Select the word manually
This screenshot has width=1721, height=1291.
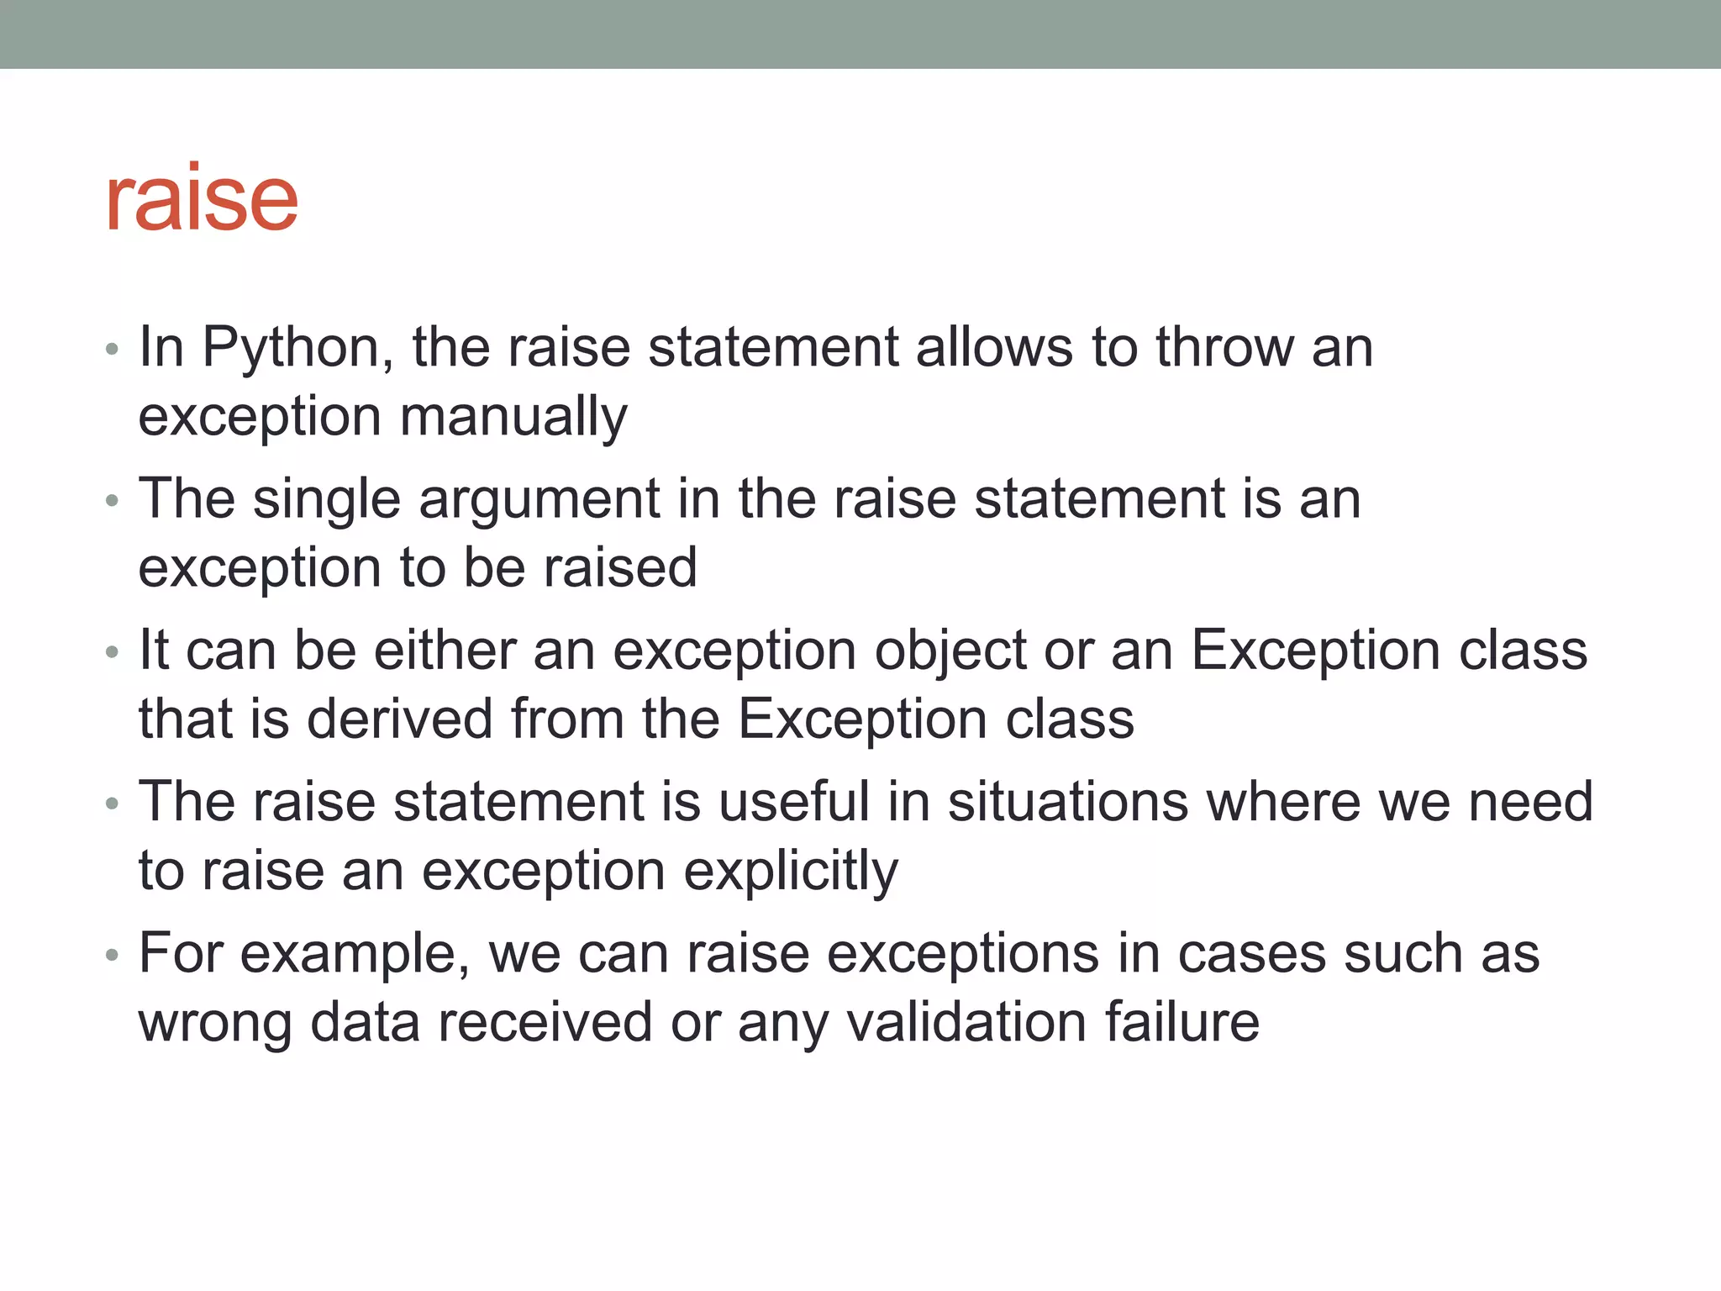(x=513, y=417)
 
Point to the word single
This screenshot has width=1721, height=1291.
(x=327, y=499)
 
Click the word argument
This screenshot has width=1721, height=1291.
(x=539, y=499)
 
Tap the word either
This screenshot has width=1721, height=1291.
(x=445, y=651)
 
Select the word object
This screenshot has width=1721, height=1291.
(x=950, y=652)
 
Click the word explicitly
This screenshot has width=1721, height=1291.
(x=791, y=872)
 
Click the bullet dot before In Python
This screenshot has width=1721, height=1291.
(x=113, y=349)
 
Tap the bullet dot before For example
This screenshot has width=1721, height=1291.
(x=113, y=956)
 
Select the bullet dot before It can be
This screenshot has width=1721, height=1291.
(x=113, y=652)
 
